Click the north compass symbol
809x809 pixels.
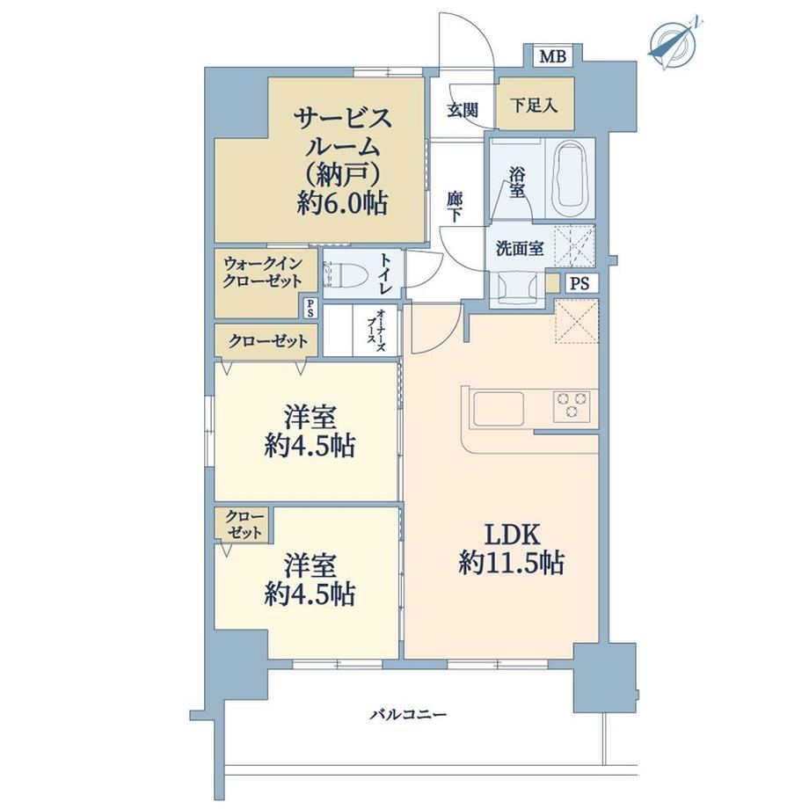pos(674,43)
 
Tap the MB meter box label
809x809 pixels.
pos(552,55)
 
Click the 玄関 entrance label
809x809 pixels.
pos(463,110)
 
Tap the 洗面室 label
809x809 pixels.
pos(520,249)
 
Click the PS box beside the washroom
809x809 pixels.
pos(579,284)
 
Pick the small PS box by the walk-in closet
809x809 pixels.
pos(310,308)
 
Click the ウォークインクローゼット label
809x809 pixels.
pos(262,273)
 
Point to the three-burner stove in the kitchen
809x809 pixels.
pos(572,404)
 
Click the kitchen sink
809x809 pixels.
pos(499,408)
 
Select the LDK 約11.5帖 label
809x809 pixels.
pos(511,549)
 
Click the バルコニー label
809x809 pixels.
pos(408,715)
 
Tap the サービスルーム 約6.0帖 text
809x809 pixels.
pos(341,160)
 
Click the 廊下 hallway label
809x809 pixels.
pos(455,206)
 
